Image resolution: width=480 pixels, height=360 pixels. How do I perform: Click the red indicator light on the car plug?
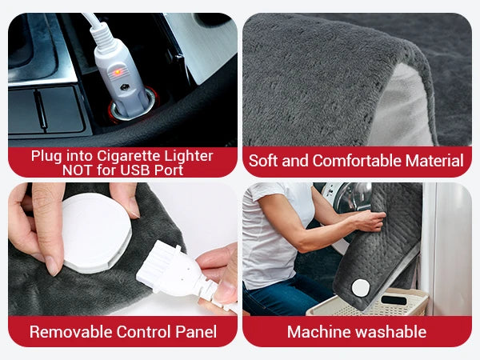pos(118,73)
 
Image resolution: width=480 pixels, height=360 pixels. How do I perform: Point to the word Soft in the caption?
pos(263,161)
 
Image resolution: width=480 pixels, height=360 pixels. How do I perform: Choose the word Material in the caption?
pos(434,161)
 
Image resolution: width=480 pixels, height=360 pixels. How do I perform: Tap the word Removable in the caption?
pos(71,332)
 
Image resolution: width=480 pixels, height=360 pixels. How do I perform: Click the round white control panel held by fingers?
pos(96,233)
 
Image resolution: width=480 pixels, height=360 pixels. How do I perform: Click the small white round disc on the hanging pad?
pos(361,288)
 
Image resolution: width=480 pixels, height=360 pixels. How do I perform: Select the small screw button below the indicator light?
pos(124,87)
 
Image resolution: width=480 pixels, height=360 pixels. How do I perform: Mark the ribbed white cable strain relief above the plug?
pos(104,36)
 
